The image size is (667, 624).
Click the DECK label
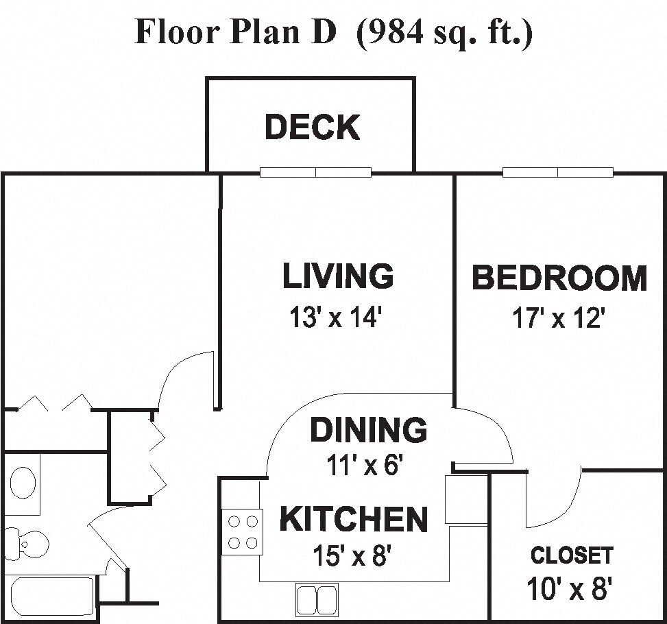312,128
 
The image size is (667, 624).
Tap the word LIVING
338,276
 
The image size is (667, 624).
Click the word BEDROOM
559,278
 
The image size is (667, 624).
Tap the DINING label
368,430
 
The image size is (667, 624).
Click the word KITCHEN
354,520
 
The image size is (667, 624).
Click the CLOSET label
572,555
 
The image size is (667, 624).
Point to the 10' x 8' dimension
569,588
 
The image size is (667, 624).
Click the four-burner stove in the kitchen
243,532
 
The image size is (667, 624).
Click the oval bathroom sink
23,483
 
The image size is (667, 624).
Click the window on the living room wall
315,172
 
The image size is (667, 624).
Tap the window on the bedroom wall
558,172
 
